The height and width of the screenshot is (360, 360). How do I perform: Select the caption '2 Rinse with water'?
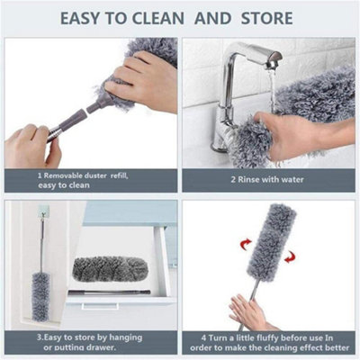(267, 179)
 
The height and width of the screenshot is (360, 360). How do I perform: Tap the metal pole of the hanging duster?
(41, 243)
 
